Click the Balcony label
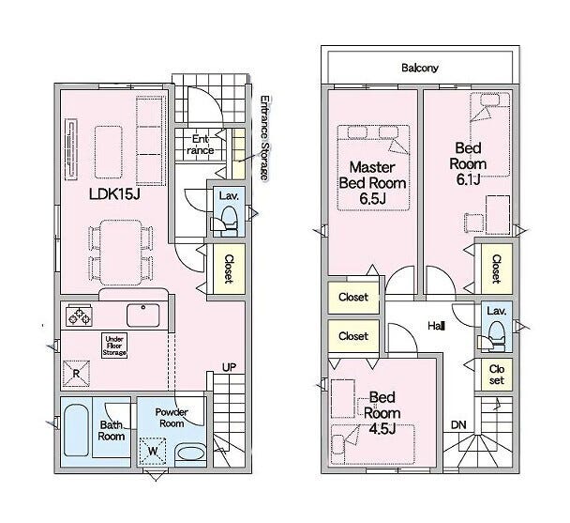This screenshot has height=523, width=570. point(420,68)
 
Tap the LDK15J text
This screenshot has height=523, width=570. point(114,194)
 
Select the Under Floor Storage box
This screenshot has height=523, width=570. point(114,346)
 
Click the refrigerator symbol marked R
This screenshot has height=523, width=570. point(76,374)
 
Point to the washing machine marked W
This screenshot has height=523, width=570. point(153,451)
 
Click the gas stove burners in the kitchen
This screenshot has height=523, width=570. point(79,315)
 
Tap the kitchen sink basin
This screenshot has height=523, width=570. point(142,315)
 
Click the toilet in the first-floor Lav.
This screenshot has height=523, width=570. point(227,221)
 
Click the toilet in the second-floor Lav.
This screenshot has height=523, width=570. point(493,336)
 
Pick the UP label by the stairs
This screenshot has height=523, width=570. point(229,367)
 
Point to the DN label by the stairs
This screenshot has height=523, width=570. point(458,424)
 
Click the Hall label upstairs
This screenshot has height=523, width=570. point(436,326)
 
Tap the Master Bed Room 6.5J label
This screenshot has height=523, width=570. point(372,183)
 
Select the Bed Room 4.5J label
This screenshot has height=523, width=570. point(382,413)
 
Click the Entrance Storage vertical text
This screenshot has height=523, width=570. point(265,138)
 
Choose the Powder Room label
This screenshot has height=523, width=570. point(172,418)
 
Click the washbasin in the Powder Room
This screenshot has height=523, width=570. point(191,454)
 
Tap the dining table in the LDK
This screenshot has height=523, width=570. point(121,252)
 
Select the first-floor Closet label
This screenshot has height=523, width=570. point(229,269)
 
